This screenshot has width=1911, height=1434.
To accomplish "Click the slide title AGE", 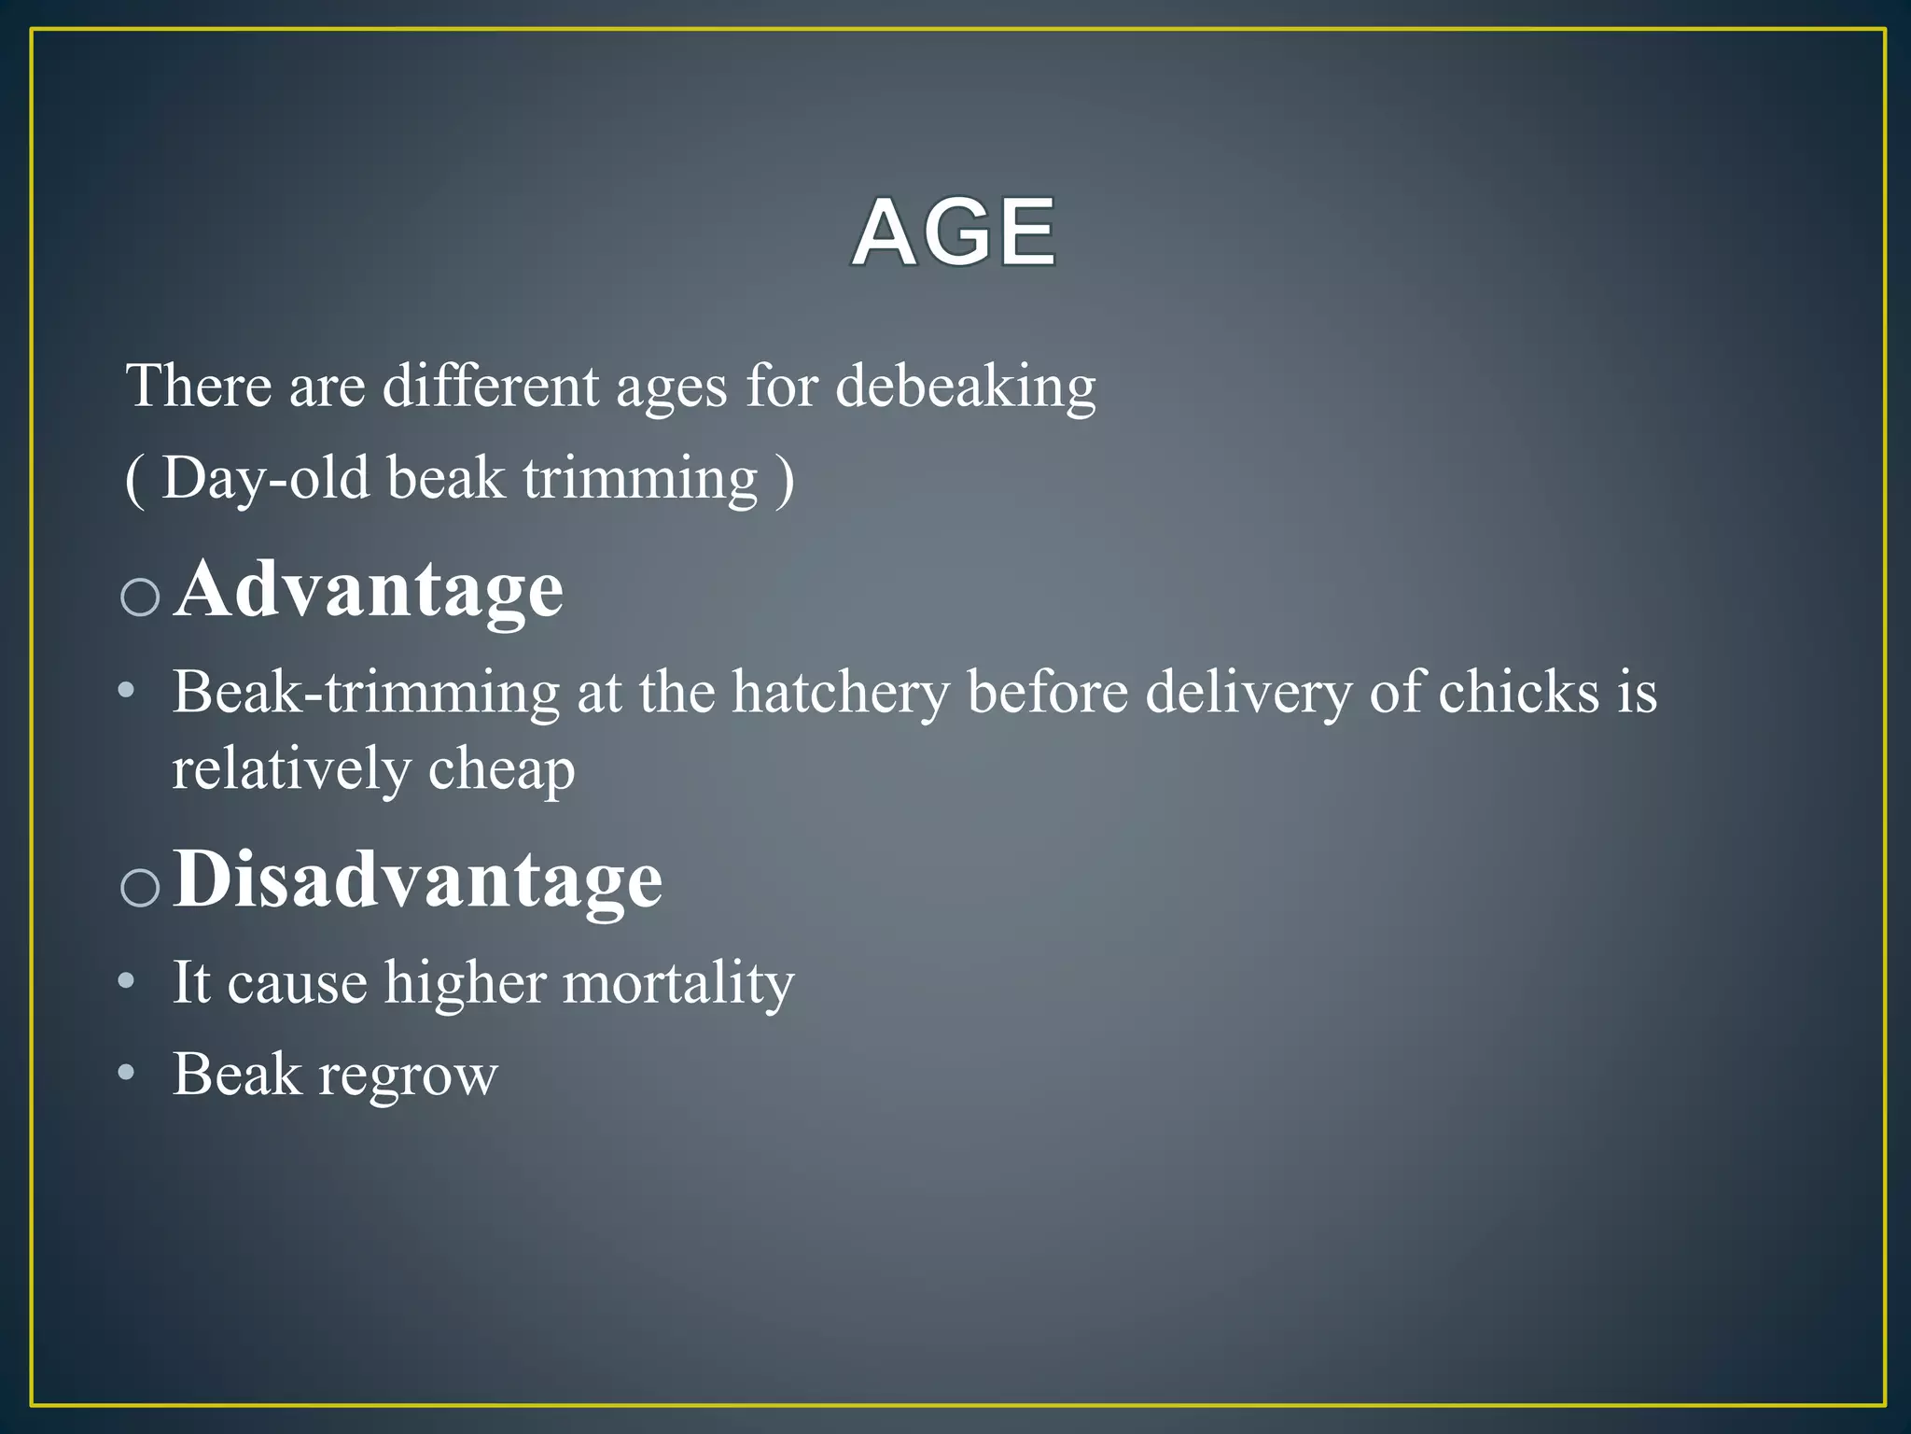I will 955,232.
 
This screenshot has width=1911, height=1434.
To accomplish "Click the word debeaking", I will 965,387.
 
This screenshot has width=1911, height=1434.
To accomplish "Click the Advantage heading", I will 370,590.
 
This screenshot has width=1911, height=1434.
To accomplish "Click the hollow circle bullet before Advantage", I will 141,597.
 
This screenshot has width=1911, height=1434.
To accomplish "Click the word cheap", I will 501,771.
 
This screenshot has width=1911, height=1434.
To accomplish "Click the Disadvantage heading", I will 418,879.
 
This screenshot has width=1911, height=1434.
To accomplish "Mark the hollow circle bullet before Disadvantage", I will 141,887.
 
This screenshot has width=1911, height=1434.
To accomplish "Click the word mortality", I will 678,984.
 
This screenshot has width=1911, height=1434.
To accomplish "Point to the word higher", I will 465,984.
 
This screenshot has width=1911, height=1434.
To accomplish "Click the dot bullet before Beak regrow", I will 127,1073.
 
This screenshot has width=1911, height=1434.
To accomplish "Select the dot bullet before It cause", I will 127,981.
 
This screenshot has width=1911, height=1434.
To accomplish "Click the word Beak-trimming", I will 366,694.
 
